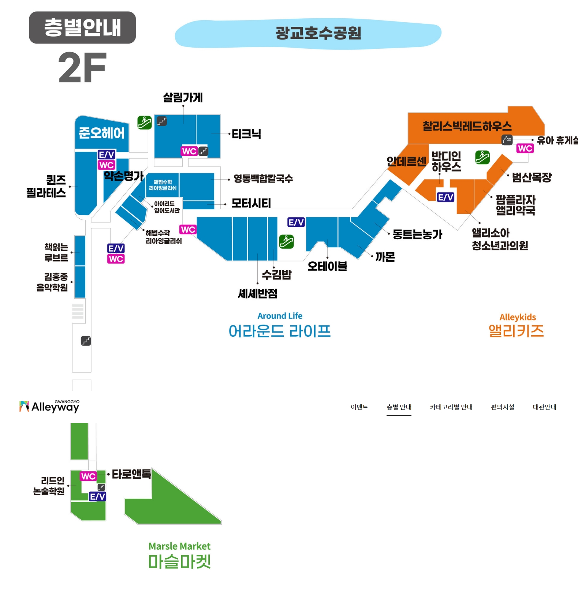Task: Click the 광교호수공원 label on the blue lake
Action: pos(318,33)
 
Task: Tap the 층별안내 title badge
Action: pos(82,27)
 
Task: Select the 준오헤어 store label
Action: pos(102,133)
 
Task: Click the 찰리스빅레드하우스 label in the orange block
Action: pos(467,126)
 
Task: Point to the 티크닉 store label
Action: pos(246,134)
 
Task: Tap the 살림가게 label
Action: pos(183,98)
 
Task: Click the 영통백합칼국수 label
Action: pos(263,179)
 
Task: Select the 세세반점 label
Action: pos(257,293)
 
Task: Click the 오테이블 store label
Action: pos(327,266)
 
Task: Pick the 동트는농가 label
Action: pos(417,234)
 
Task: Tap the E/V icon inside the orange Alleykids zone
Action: pos(445,197)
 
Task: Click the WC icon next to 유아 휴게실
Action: pos(525,149)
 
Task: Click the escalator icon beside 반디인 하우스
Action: pos(482,157)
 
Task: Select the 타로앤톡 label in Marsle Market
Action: pos(131,474)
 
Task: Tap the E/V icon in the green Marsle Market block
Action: pos(97,497)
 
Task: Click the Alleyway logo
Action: pos(49,407)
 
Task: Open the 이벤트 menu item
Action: pos(359,407)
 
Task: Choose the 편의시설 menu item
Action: pos(502,407)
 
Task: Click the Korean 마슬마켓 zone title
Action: pos(179,562)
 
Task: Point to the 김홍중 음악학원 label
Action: pos(52,282)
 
